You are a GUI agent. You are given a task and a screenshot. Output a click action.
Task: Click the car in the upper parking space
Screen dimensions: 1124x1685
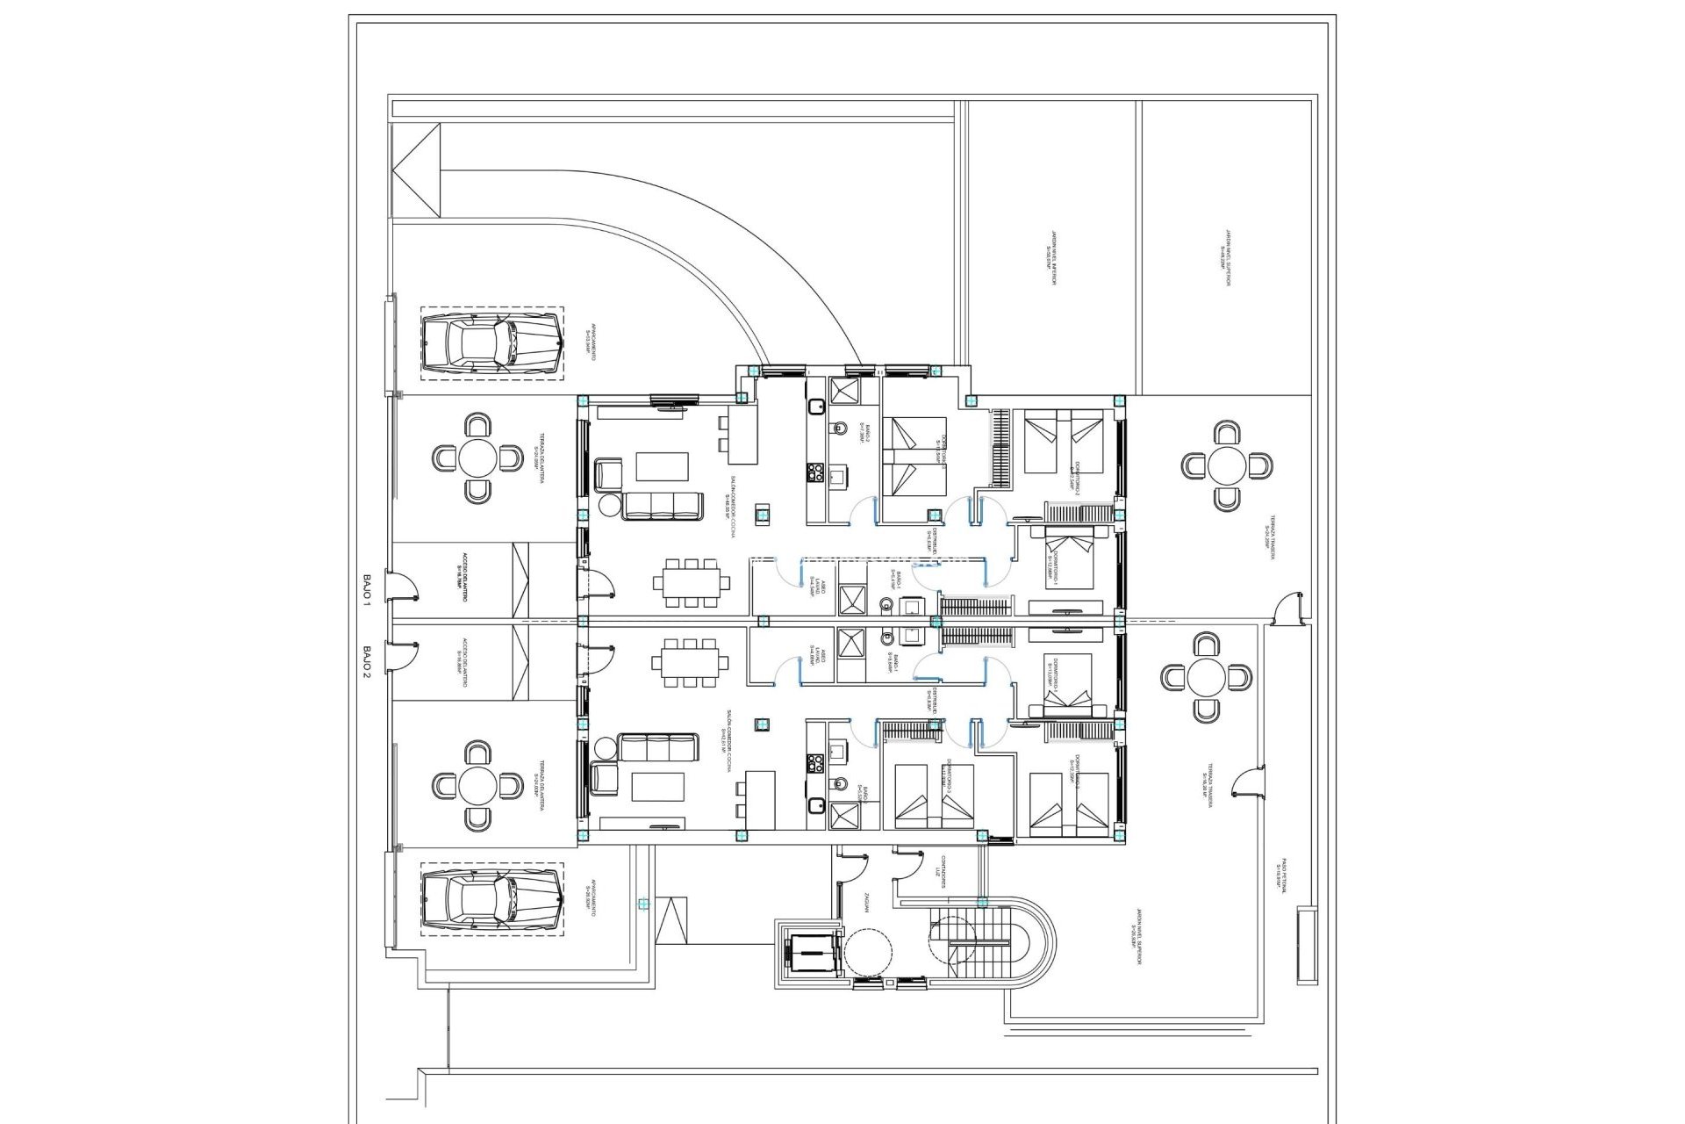pos(491,343)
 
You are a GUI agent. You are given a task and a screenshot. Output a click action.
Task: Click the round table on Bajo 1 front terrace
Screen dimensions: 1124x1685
pos(477,458)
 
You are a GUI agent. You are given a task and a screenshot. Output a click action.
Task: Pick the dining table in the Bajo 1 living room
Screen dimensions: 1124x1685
pos(691,582)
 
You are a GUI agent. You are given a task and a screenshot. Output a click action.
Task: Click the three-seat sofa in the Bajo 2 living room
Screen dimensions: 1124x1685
pos(657,748)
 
